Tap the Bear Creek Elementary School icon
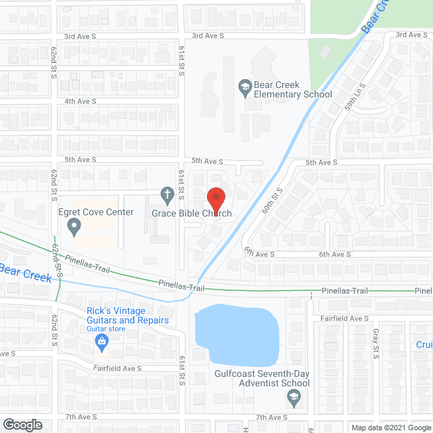pyautogui.click(x=244, y=86)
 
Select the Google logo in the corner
pyautogui.click(x=22, y=425)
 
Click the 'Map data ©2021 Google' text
pyautogui.click(x=391, y=428)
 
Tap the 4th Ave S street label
pyautogui.click(x=81, y=101)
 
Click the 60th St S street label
pyautogui.click(x=273, y=201)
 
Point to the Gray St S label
pyautogui.click(x=374, y=344)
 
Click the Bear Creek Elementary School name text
pyautogui.click(x=292, y=90)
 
